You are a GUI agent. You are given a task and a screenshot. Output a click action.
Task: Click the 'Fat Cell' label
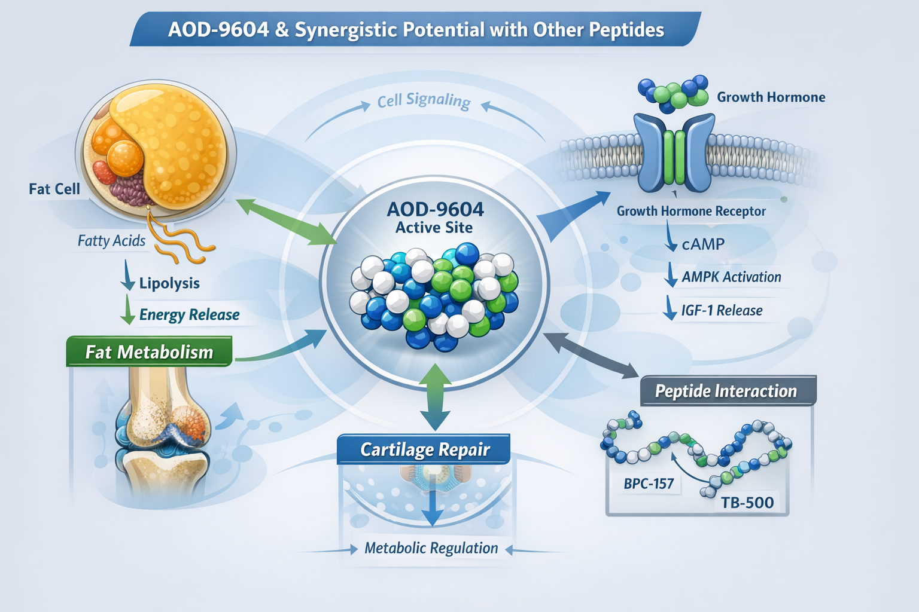pos(54,189)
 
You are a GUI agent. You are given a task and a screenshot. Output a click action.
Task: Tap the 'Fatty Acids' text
pos(111,241)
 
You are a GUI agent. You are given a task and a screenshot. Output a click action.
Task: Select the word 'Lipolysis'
pos(169,283)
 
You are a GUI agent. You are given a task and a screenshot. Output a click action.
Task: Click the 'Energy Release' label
pos(189,315)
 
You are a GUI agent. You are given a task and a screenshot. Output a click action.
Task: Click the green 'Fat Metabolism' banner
pos(149,352)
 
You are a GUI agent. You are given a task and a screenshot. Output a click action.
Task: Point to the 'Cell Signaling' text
pos(424,100)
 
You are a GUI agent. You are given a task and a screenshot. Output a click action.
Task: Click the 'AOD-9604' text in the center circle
pos(435,210)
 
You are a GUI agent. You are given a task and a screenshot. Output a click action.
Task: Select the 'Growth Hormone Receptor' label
pos(691,211)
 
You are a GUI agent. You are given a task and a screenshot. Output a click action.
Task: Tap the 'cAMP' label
pos(703,244)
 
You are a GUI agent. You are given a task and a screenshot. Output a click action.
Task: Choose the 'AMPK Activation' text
pos(731,277)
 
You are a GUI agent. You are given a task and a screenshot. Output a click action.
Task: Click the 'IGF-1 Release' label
pos(722,311)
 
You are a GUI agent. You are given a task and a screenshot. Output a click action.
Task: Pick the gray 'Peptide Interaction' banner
pos(726,391)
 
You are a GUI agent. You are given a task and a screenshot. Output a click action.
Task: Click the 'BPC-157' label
pos(649,484)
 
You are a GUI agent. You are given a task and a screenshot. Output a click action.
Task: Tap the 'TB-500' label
pos(747,503)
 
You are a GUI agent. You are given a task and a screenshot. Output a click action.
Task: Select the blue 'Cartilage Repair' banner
pos(424,449)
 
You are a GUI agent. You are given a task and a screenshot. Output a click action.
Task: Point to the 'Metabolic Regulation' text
pos(431,548)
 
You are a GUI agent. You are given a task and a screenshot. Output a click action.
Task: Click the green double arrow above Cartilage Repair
pos(435,397)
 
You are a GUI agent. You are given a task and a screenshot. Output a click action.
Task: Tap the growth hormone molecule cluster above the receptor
pos(673,93)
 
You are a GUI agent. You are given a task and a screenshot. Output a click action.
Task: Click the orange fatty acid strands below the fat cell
pos(179,242)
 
